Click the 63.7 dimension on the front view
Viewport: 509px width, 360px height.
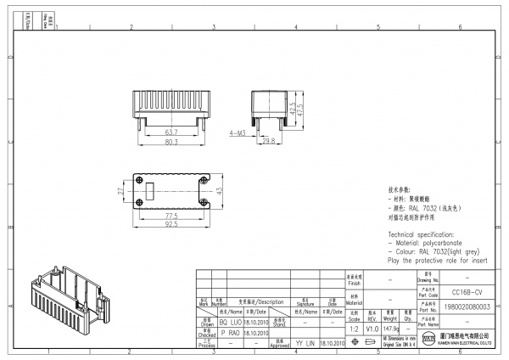[x=171, y=132]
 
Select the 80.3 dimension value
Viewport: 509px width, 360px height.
[x=171, y=143]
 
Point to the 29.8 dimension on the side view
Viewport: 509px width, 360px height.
[x=268, y=140]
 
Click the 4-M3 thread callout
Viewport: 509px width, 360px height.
[x=238, y=134]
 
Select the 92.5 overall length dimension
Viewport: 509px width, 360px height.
[x=171, y=225]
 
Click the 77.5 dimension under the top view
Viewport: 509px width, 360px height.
[x=171, y=216]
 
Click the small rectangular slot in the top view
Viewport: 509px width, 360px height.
[x=151, y=191]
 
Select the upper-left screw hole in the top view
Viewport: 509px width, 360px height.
[x=139, y=180]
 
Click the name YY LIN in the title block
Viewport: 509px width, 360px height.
[x=305, y=343]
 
